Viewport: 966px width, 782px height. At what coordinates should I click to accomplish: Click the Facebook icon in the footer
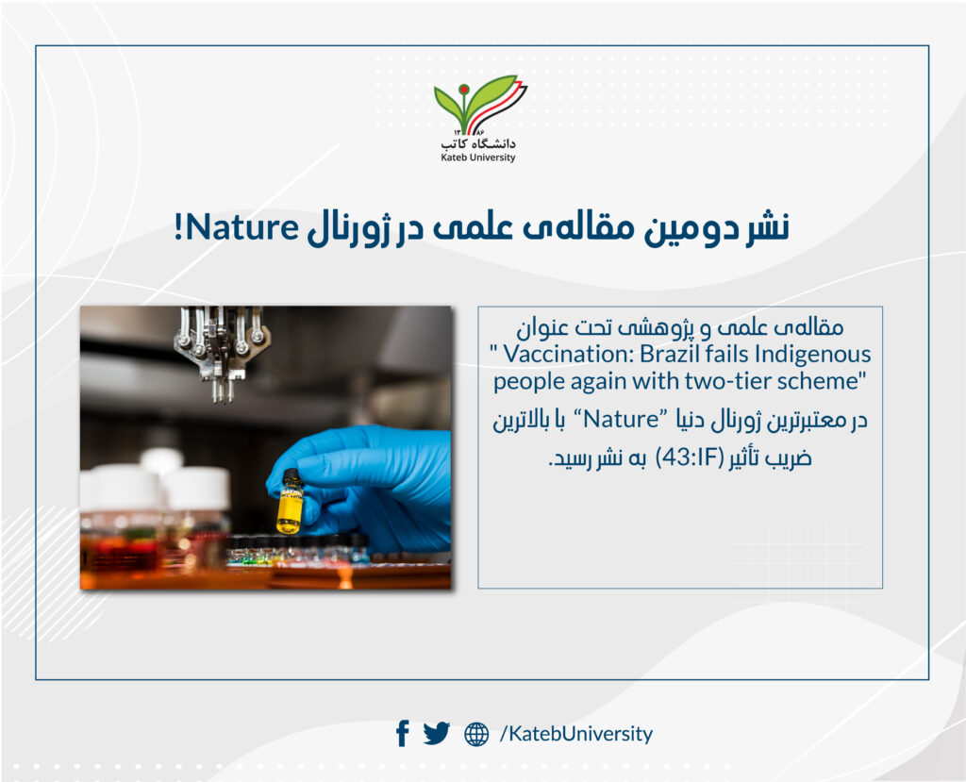coord(402,733)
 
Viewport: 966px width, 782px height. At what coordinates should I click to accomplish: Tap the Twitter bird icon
coord(437,733)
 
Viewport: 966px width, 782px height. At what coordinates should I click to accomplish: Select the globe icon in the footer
coord(476,734)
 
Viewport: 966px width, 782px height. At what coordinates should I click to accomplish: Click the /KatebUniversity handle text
coord(576,734)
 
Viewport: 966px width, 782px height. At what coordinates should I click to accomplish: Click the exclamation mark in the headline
coord(178,227)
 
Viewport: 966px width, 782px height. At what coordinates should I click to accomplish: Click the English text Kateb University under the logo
coord(478,158)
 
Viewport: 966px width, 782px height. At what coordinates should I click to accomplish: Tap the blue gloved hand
coord(363,487)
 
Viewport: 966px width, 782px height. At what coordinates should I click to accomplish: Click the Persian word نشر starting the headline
coord(768,226)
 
